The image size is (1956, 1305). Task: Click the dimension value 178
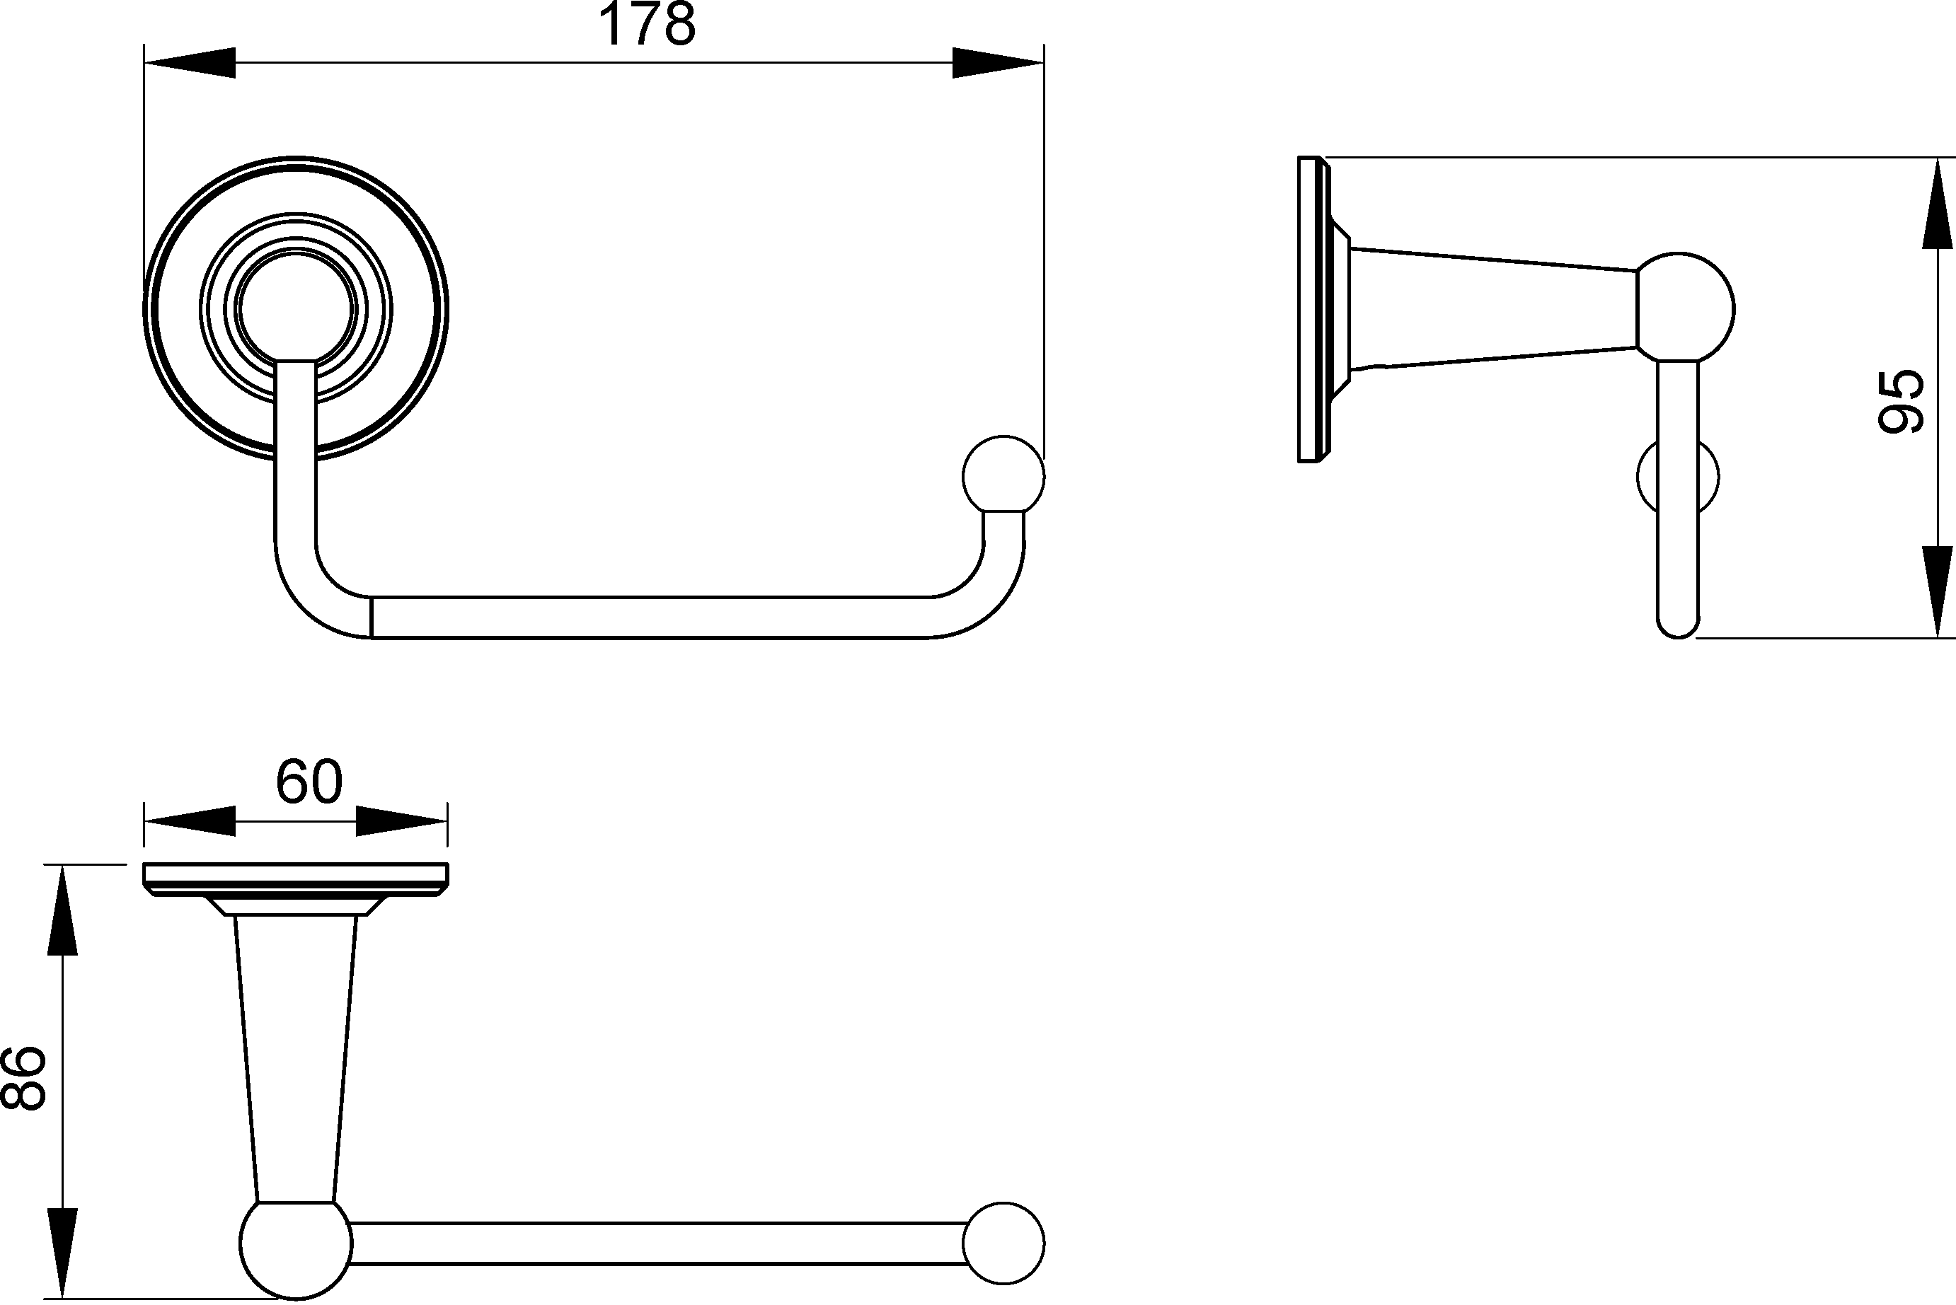[x=646, y=25]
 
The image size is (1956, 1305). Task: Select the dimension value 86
[x=23, y=1078]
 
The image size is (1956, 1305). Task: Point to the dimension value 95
[x=1901, y=401]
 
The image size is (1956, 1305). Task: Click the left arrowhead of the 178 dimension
[x=190, y=62]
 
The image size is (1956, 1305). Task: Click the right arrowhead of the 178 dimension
[x=999, y=62]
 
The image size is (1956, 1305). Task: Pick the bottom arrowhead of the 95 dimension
[x=1937, y=592]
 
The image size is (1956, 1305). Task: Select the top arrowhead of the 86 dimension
[x=62, y=910]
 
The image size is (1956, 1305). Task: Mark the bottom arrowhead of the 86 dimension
[x=62, y=1253]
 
